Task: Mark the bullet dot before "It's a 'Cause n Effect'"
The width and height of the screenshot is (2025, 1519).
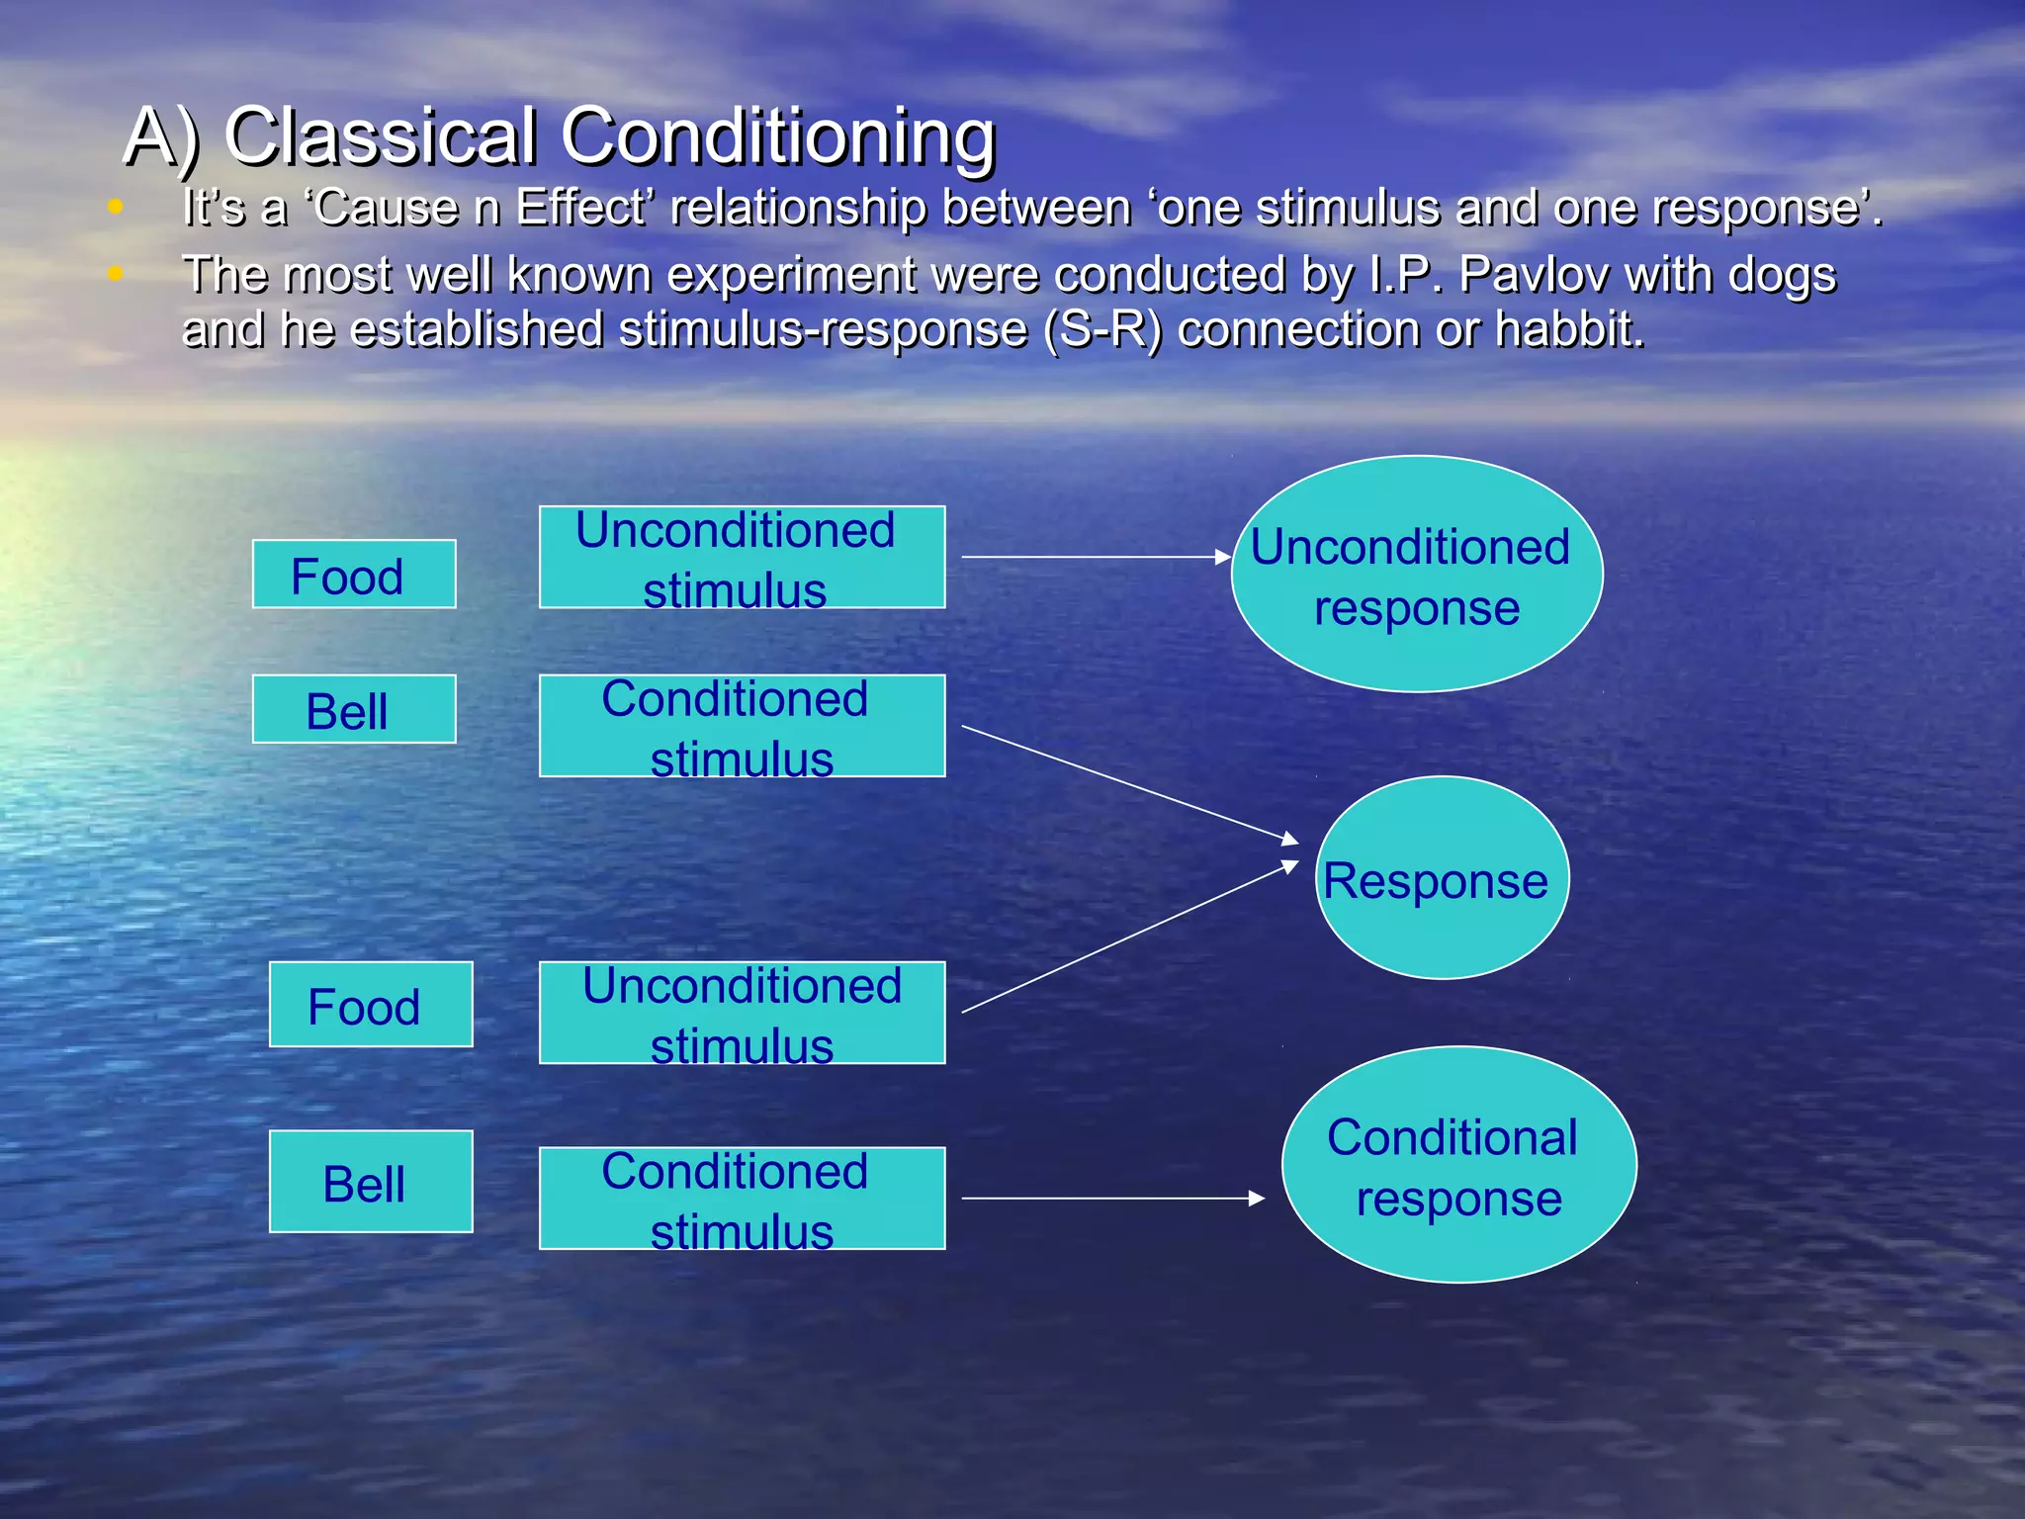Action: tap(116, 207)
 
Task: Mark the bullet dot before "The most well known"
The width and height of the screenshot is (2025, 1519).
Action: tap(116, 273)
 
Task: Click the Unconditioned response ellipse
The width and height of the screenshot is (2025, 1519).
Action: tap(1416, 574)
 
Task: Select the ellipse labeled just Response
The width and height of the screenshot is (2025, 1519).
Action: tap(1442, 878)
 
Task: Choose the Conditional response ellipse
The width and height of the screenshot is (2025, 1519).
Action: tap(1458, 1165)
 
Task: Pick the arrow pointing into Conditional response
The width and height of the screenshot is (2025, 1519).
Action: tap(1112, 1199)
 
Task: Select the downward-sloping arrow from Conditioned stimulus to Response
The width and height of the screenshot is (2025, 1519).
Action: tap(1127, 782)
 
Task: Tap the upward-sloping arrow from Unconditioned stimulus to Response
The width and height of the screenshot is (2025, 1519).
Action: tap(1127, 938)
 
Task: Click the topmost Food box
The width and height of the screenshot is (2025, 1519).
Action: tap(354, 574)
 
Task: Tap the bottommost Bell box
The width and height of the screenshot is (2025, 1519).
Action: tap(371, 1181)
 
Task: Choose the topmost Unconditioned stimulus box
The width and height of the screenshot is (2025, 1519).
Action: tap(742, 557)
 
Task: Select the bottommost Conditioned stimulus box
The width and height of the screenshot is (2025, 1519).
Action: tap(742, 1199)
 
